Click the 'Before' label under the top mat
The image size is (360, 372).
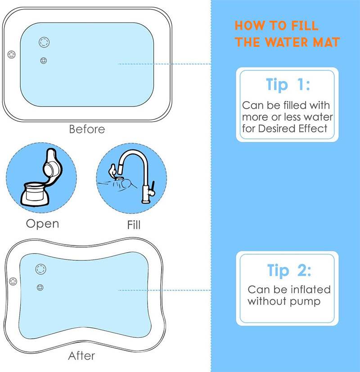[x=87, y=129]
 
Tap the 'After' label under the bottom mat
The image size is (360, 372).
[x=81, y=356]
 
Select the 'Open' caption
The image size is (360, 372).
[x=42, y=223]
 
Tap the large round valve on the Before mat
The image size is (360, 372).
[x=44, y=42]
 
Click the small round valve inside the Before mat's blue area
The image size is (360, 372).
[x=44, y=60]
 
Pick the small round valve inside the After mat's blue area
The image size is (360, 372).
[x=40, y=287]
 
